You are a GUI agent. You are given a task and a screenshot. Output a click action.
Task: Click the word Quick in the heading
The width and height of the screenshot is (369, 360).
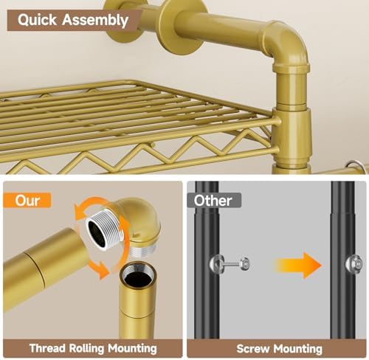[37, 20]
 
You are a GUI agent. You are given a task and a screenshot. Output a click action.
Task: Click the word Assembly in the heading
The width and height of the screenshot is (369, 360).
[95, 20]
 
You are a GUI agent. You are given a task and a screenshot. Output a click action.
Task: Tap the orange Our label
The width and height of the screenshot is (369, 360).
[27, 200]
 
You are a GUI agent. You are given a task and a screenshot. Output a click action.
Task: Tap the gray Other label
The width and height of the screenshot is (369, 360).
[213, 201]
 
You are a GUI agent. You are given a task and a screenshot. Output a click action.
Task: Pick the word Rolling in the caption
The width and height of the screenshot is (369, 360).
[86, 348]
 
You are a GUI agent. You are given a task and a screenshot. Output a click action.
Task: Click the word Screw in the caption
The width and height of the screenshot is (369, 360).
[253, 349]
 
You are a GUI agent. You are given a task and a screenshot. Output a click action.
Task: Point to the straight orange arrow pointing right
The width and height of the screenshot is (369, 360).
[299, 266]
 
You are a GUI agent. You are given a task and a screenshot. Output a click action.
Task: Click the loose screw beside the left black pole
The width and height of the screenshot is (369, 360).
[230, 264]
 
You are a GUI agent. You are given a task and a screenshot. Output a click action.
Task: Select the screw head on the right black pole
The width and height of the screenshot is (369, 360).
[354, 264]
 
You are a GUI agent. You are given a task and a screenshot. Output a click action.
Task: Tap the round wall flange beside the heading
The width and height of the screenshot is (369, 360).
[182, 26]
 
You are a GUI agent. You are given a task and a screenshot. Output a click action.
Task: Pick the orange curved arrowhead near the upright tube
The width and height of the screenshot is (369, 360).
[102, 270]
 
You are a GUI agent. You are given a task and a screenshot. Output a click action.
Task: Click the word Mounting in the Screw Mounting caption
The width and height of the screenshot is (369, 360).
[298, 349]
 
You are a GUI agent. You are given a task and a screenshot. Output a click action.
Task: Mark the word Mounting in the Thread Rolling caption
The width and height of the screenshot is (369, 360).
[132, 349]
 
